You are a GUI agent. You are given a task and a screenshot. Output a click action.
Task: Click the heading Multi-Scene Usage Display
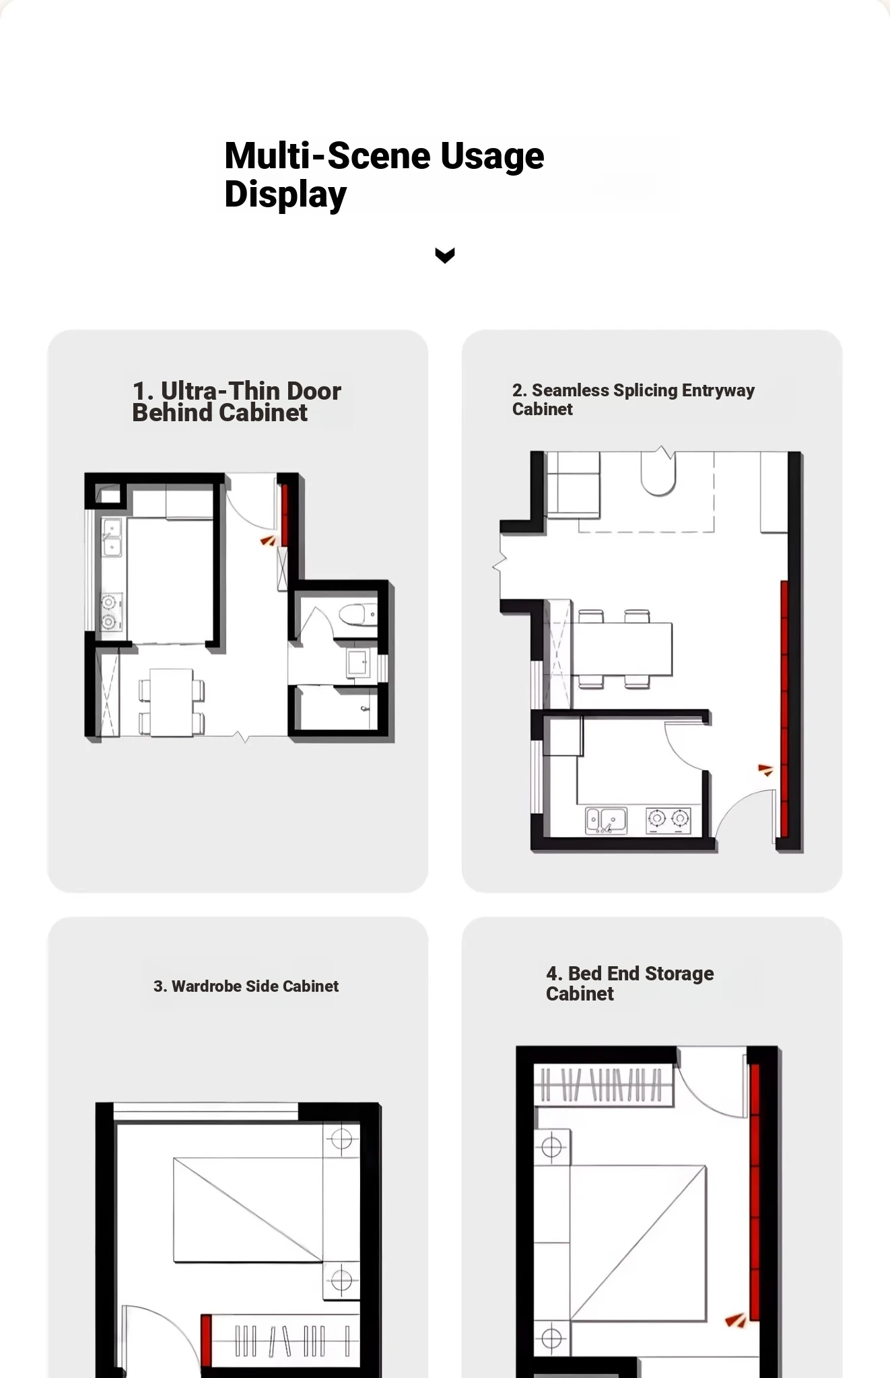point(384,175)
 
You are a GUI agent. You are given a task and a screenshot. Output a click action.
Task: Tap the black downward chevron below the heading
point(445,255)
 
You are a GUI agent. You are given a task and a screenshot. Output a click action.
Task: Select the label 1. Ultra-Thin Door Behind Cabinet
point(236,402)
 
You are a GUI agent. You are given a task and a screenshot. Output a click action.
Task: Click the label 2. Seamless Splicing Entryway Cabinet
point(633,400)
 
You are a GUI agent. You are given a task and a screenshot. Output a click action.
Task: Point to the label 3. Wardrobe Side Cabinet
point(246,986)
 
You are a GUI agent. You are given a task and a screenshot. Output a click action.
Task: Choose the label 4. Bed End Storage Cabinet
point(629,984)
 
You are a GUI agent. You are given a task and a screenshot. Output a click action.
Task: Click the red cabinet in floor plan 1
point(285,514)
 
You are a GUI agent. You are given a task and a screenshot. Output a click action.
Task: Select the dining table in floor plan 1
point(171,702)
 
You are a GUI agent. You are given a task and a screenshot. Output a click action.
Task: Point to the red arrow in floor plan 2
point(765,770)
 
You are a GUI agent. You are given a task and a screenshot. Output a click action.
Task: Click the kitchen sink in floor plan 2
point(607,821)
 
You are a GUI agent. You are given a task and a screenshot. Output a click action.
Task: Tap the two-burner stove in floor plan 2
point(669,820)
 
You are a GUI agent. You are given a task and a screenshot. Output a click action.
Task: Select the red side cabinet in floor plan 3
point(206,1340)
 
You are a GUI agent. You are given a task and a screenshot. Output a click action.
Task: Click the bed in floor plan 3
point(248,1209)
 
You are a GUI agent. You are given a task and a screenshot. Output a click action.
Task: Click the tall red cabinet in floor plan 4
point(755,1191)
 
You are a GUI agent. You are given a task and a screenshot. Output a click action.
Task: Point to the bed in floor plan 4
point(638,1243)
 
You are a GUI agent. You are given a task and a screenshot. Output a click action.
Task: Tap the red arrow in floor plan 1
point(268,540)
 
